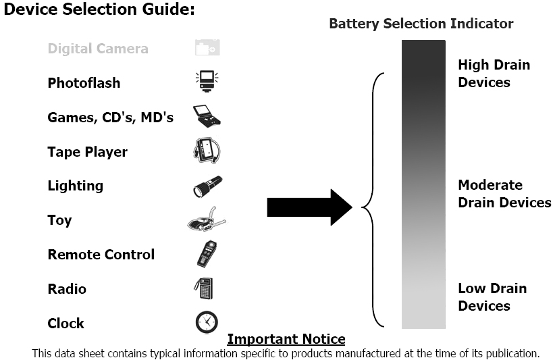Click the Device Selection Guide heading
pyautogui.click(x=99, y=11)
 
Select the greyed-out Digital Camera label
pyautogui.click(x=97, y=49)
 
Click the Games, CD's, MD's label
pyautogui.click(x=110, y=118)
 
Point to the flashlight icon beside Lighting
pyautogui.click(x=207, y=186)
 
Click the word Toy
pyautogui.click(x=59, y=220)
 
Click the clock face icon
pyautogui.click(x=207, y=322)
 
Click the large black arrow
pyautogui.click(x=309, y=207)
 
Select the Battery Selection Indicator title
pyautogui.click(x=421, y=24)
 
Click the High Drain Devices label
pyautogui.click(x=494, y=74)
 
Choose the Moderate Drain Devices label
pyautogui.click(x=504, y=194)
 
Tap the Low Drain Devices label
pyautogui.click(x=492, y=297)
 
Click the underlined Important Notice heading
pyautogui.click(x=286, y=339)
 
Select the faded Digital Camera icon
pyautogui.click(x=207, y=48)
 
